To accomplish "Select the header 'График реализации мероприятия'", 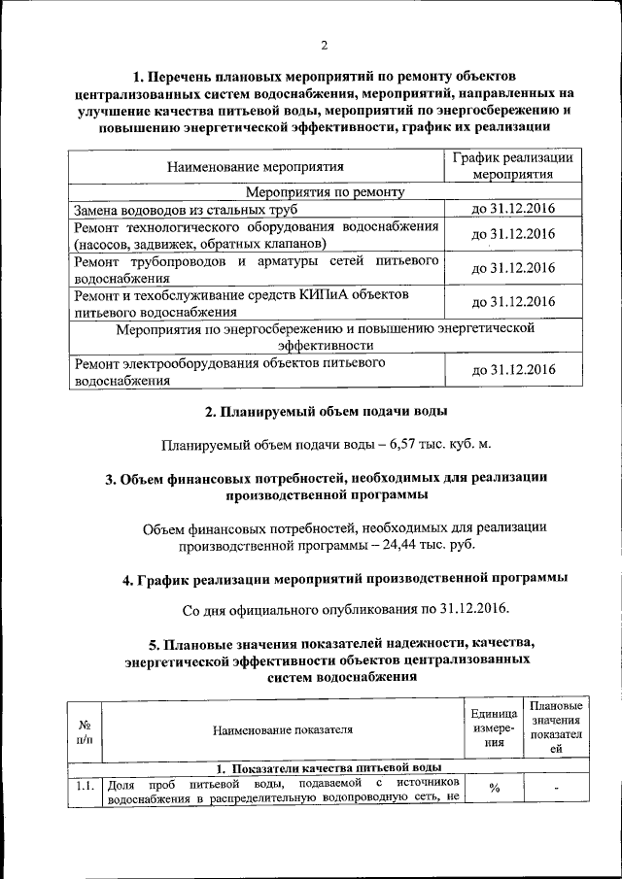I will coord(513,166).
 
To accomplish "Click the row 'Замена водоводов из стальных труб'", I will coord(185,209).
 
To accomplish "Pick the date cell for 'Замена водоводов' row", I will coord(512,209).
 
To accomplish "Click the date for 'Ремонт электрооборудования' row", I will coord(512,370).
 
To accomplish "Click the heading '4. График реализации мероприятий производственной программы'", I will coord(345,580).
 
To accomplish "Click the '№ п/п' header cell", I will coord(84,732).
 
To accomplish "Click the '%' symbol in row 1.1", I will coord(494,788).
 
